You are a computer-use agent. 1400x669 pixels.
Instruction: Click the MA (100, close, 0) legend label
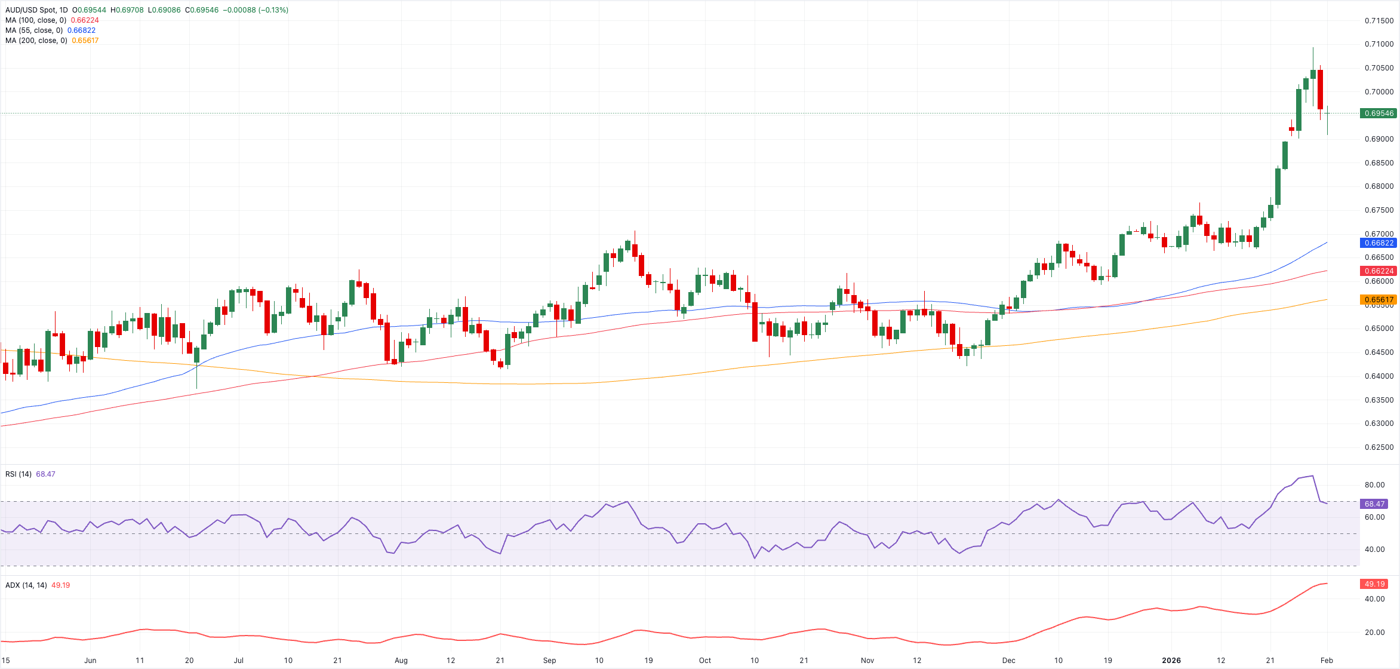[x=36, y=20]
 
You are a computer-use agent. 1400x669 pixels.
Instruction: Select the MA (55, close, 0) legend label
[x=34, y=30]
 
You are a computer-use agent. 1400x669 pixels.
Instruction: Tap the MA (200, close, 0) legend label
[x=36, y=41]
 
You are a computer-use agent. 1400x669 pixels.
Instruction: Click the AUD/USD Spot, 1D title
[x=36, y=10]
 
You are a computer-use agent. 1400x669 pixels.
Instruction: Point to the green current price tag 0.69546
[x=1379, y=113]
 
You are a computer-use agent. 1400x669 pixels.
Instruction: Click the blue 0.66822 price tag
[x=1379, y=243]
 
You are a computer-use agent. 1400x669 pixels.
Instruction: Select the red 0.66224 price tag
[x=1379, y=271]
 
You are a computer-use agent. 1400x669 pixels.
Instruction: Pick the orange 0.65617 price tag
[x=1379, y=300]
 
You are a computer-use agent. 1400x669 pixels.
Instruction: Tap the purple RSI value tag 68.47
[x=1374, y=504]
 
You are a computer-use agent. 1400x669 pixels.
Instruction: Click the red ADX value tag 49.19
[x=1374, y=584]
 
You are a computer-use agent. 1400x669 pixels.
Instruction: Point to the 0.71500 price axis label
[x=1379, y=21]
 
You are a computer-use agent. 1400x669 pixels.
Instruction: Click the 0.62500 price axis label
[x=1379, y=447]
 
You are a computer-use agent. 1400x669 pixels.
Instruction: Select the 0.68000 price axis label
[x=1379, y=186]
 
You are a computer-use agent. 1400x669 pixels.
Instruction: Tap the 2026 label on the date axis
[x=1171, y=661]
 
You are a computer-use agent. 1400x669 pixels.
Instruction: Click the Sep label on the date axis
[x=549, y=661]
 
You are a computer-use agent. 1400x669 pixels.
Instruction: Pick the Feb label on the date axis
[x=1327, y=661]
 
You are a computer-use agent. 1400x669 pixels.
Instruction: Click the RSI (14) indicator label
[x=19, y=474]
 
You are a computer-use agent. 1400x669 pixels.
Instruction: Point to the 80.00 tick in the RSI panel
[x=1374, y=485]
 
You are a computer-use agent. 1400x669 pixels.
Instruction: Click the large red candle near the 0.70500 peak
[x=1320, y=90]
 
